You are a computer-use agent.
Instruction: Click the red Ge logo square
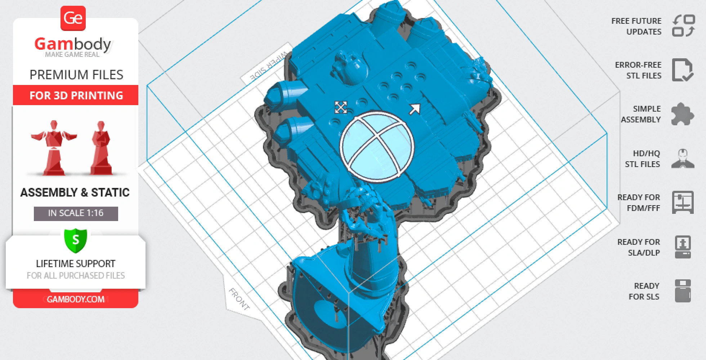tap(73, 18)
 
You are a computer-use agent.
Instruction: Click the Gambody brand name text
tap(73, 44)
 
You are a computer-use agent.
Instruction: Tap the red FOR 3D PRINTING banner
tap(76, 95)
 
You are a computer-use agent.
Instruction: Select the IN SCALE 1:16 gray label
tap(76, 213)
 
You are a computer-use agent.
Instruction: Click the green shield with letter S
tap(76, 240)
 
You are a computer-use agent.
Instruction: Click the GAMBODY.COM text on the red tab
tap(76, 299)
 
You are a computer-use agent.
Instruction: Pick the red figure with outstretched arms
tap(54, 148)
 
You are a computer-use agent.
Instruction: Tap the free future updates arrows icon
tap(683, 26)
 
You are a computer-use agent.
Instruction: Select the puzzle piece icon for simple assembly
tap(683, 114)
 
